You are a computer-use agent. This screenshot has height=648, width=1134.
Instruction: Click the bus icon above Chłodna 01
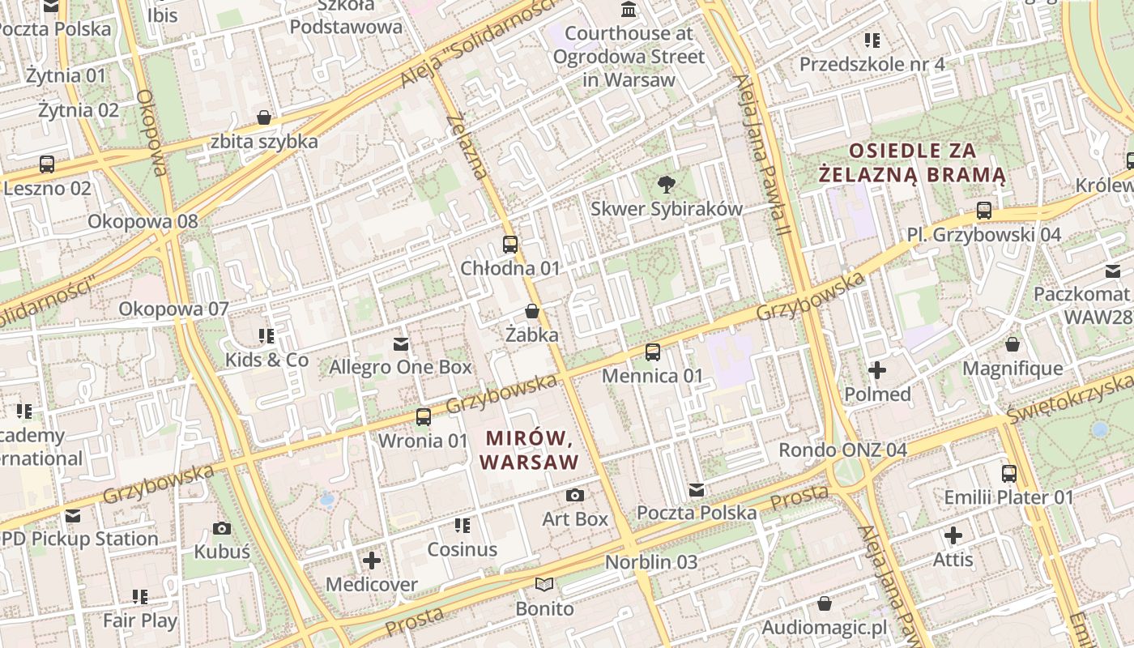click(510, 244)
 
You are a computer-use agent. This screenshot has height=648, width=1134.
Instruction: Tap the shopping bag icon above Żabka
click(532, 311)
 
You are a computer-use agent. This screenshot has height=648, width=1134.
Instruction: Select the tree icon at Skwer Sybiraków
click(667, 184)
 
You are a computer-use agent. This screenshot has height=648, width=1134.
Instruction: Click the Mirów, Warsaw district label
click(531, 450)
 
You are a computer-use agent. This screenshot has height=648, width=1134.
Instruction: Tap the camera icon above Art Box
click(575, 495)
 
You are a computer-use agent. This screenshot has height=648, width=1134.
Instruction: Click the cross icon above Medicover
click(372, 560)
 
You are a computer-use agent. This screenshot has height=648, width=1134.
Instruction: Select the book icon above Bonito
click(544, 584)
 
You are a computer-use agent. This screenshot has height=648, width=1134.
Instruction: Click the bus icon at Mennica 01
click(653, 352)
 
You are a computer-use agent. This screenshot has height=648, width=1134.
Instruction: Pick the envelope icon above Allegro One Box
click(400, 343)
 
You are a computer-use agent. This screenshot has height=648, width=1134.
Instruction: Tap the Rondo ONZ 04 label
click(842, 450)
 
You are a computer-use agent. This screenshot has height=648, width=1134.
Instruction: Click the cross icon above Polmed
click(877, 371)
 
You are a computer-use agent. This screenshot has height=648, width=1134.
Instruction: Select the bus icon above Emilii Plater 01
click(1009, 473)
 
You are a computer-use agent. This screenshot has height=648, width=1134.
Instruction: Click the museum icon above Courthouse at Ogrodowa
click(629, 10)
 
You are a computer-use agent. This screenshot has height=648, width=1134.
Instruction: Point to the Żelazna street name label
click(468, 147)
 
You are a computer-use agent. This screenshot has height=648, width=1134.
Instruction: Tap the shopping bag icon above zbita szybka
click(264, 117)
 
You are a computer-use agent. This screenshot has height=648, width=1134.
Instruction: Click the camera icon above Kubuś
click(222, 528)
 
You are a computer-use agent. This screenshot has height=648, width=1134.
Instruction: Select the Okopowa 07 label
click(174, 309)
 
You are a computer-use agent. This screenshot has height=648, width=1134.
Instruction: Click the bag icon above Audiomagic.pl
click(825, 603)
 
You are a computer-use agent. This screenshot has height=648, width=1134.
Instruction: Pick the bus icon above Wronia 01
click(424, 417)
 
